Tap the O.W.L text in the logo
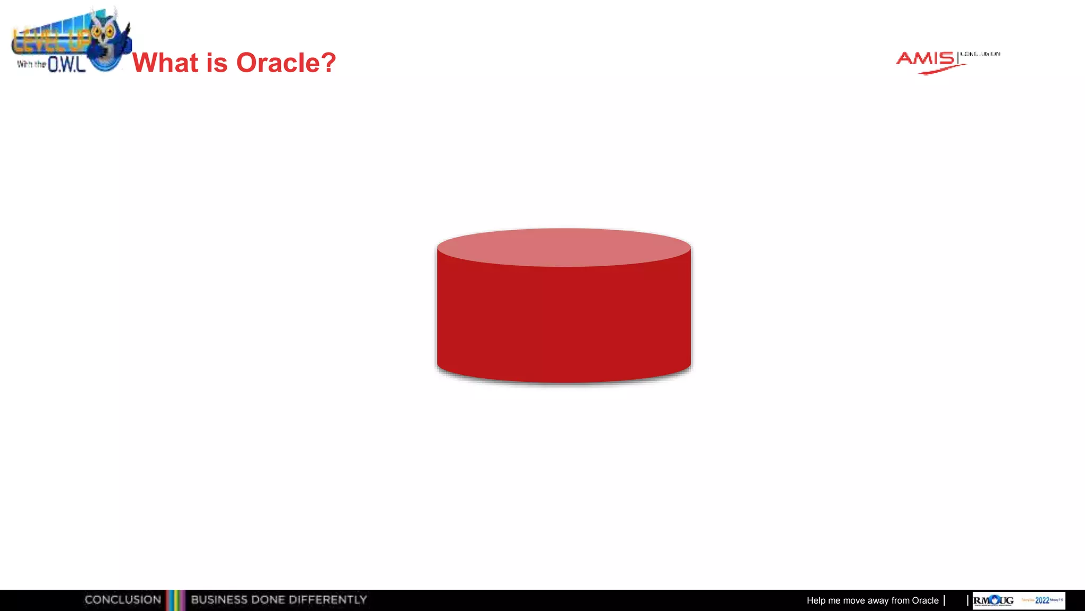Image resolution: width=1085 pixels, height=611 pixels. (67, 65)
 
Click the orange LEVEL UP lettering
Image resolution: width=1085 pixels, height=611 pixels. (50, 40)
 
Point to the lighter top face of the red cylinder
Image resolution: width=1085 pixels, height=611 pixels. (564, 247)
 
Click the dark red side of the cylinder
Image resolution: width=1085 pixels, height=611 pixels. (564, 324)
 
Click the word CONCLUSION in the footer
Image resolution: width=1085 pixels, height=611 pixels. (123, 600)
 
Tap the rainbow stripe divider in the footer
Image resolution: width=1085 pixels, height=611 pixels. (176, 600)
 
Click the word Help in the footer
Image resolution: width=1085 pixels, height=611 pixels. (816, 600)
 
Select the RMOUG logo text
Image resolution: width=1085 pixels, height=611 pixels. (993, 600)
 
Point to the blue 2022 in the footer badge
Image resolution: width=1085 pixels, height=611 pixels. (1042, 600)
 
